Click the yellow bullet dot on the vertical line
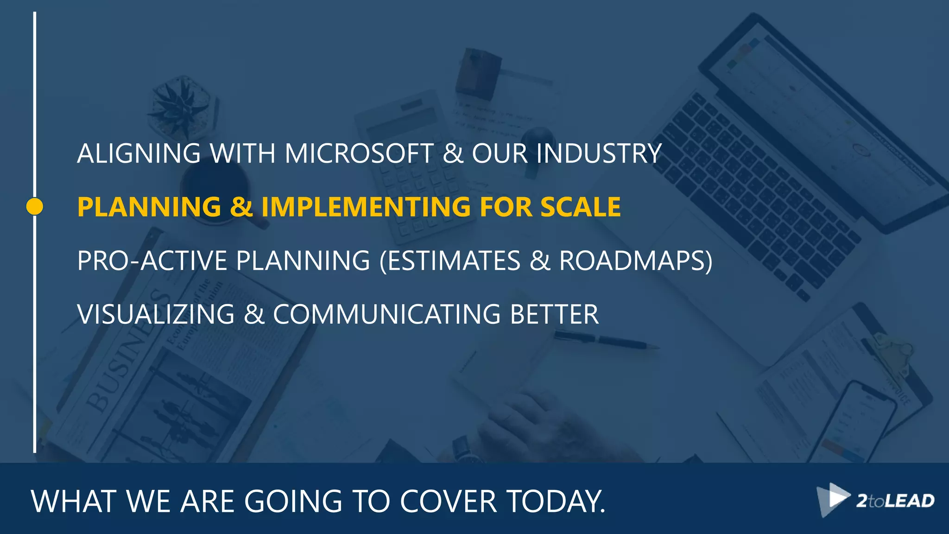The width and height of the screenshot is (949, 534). point(35,207)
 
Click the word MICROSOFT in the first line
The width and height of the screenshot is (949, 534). point(359,153)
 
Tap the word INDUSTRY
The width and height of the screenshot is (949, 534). point(599,153)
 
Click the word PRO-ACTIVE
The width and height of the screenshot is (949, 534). point(152,261)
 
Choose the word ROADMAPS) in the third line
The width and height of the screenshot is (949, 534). point(635,261)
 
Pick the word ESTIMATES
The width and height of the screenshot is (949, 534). point(453,261)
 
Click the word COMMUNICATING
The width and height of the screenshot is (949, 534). point(387,314)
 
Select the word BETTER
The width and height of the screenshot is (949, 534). point(554,314)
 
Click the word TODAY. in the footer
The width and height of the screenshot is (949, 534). point(556,502)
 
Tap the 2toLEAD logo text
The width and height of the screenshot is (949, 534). point(895,501)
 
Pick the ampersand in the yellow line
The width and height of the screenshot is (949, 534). point(241,207)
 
